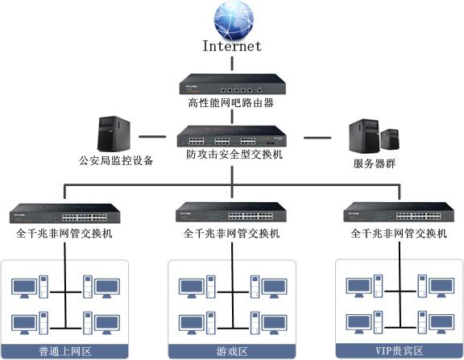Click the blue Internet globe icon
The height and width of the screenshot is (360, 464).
[234, 20]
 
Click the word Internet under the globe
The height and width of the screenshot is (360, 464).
[232, 46]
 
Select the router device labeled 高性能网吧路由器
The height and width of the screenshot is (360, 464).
[232, 85]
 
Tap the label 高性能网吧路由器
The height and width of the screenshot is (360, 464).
[231, 103]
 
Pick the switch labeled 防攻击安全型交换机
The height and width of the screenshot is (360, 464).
[232, 136]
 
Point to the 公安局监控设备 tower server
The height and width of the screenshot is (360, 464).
[114, 134]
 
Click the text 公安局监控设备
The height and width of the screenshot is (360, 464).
[116, 160]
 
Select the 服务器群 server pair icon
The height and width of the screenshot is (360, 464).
[374, 136]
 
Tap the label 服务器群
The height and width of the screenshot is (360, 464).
[375, 163]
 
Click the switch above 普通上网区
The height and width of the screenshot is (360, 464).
[64, 213]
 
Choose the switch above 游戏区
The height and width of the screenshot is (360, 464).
[231, 212]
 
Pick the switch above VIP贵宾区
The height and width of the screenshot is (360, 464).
[399, 212]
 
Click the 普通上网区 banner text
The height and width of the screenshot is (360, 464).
[64, 352]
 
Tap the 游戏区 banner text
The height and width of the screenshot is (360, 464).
[232, 352]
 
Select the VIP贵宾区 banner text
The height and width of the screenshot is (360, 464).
[399, 351]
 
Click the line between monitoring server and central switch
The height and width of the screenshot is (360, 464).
[152, 137]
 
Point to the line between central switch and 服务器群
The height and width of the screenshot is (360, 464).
[317, 138]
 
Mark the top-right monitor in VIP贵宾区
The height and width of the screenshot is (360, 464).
[441, 288]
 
